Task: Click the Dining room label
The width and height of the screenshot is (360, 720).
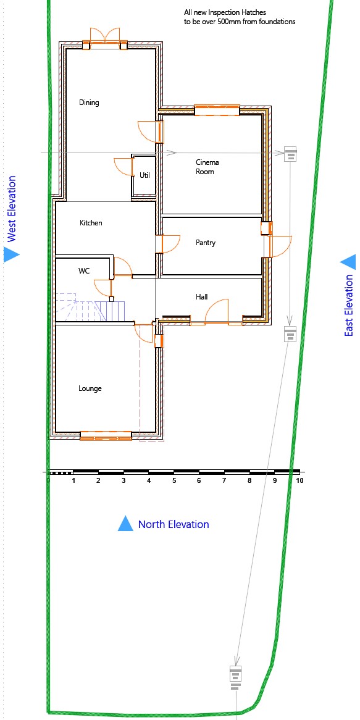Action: (89, 103)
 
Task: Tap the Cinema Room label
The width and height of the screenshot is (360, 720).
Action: (207, 167)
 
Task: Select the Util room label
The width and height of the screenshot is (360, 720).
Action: (144, 175)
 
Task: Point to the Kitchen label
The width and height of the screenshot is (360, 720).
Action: (91, 223)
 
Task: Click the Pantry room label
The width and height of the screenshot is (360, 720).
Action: (205, 243)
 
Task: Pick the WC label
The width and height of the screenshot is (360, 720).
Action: (84, 271)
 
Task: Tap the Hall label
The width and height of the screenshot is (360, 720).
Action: (201, 297)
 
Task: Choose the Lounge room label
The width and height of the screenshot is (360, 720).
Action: (90, 388)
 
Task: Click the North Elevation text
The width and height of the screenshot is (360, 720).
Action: (174, 524)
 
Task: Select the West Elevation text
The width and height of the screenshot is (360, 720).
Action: (12, 209)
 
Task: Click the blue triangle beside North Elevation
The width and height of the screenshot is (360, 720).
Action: (125, 524)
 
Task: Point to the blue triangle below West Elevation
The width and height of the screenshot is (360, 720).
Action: (11, 254)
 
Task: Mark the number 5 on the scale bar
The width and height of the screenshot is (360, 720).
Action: (174, 481)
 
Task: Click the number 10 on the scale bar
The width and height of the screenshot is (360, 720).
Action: (300, 481)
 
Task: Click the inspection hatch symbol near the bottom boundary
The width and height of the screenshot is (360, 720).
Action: (235, 677)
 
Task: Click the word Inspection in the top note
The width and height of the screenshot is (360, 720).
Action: (227, 12)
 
